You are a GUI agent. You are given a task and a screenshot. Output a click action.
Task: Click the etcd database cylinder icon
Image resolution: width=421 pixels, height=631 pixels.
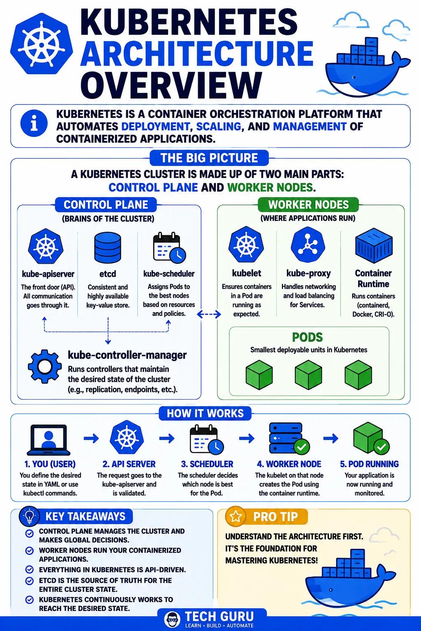[x=108, y=248]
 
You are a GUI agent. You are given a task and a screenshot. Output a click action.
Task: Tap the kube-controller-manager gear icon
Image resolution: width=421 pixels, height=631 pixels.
[x=45, y=366]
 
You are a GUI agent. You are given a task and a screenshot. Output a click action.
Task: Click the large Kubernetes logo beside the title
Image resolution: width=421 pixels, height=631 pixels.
[x=42, y=46]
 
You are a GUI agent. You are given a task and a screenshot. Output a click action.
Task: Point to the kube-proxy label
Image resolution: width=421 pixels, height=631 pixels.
[x=308, y=273]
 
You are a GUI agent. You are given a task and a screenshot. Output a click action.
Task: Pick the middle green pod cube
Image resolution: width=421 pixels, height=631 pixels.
[x=308, y=375]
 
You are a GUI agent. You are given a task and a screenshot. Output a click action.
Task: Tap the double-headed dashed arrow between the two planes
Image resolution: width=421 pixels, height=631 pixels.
[x=209, y=314]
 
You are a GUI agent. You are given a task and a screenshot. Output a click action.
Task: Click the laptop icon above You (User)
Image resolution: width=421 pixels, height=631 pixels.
[x=49, y=440]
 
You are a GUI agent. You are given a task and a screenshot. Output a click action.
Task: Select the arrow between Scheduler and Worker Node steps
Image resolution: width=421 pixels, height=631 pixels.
[x=247, y=438]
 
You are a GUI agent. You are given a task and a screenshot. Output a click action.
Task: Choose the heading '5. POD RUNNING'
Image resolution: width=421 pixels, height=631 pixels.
[x=369, y=464]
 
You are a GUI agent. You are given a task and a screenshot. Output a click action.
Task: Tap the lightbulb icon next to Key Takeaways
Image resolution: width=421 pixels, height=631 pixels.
[x=30, y=516]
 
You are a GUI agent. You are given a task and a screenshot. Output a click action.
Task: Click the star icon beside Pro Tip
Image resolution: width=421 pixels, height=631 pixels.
[x=236, y=516]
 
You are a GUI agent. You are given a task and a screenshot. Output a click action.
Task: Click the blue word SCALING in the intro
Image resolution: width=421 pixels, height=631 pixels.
[x=219, y=127]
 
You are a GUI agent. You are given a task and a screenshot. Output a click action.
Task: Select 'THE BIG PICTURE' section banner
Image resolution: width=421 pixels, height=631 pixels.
[x=209, y=158]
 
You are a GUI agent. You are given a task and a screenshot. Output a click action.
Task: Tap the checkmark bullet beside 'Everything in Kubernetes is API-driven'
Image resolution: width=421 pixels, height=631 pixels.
[x=29, y=570]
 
